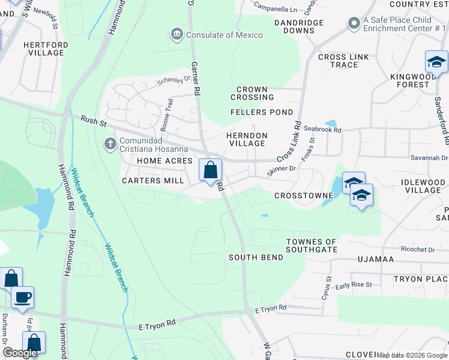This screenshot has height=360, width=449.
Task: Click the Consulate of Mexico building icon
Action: tap(176, 35)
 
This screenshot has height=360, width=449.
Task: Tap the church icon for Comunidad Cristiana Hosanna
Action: tap(110, 143)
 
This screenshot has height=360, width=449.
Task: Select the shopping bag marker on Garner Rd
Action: tap(210, 170)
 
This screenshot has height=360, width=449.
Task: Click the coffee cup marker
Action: tap(23, 298)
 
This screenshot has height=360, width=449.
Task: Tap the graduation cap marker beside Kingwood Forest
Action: tap(436, 62)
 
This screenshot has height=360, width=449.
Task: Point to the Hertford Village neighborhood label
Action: tap(43, 49)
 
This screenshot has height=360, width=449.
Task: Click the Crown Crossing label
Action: tap(255, 93)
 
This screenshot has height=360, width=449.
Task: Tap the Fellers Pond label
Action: tap(262, 112)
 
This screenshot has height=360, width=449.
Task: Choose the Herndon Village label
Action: tap(246, 139)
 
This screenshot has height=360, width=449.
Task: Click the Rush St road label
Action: tap(93, 122)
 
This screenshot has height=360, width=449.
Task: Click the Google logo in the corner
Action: tap(20, 353)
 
